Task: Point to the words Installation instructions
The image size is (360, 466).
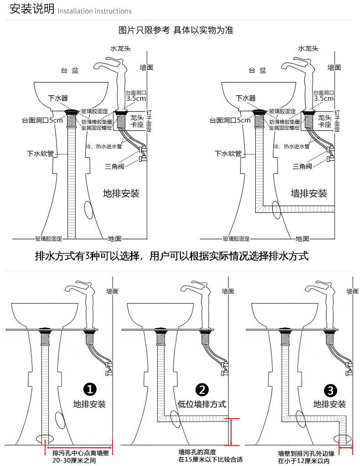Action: click(x=95, y=11)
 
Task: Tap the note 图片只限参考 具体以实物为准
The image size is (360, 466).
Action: click(x=176, y=31)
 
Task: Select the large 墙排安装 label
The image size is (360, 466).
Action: click(x=309, y=194)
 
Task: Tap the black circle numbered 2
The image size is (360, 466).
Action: click(x=202, y=389)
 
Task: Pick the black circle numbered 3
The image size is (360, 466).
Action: click(x=330, y=389)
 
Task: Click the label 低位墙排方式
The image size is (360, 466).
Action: click(x=202, y=404)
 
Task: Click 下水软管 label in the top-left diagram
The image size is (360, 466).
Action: click(x=41, y=154)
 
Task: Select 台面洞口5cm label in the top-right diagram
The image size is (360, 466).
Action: click(x=230, y=121)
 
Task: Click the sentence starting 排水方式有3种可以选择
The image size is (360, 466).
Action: click(x=172, y=256)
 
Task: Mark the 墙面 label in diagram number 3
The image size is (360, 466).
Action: click(x=352, y=291)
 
